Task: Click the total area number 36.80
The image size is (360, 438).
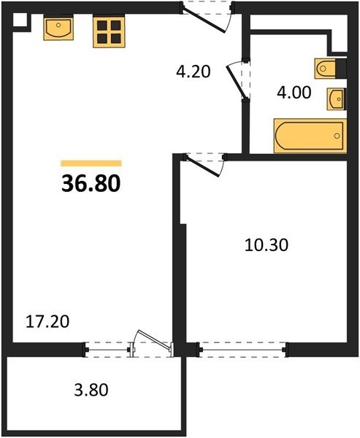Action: pos(91,184)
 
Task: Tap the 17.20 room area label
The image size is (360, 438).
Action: pos(47,321)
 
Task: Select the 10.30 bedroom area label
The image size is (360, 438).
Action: pos(266,245)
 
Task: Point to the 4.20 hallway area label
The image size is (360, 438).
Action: pos(193,72)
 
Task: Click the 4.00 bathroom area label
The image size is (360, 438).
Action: pos(294,93)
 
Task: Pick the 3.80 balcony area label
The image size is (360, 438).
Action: pos(91,390)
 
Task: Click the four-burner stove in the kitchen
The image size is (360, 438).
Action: pos(109,32)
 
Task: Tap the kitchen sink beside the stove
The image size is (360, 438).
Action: pos(58,28)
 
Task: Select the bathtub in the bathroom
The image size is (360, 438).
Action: pos(310,136)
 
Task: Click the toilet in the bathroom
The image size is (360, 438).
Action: pos(325,68)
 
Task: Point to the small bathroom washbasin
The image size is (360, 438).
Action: pos(336,99)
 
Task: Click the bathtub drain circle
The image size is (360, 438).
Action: pos(337,136)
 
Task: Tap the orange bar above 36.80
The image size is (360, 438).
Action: pos(91,163)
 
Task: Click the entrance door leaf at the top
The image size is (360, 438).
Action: pos(204,21)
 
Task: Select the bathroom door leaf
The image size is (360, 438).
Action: pos(237,81)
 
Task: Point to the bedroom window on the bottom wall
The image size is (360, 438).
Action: pos(242,350)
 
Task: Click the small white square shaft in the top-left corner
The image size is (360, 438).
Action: pos(20,20)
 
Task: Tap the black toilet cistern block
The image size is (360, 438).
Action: pos(341,68)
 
